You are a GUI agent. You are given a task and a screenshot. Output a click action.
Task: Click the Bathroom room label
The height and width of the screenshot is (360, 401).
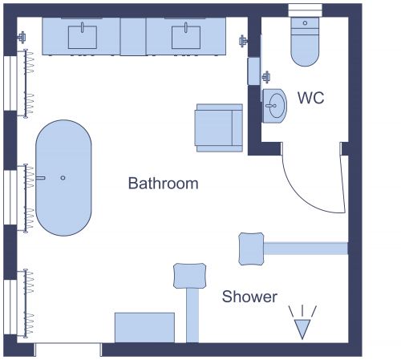click(163, 184)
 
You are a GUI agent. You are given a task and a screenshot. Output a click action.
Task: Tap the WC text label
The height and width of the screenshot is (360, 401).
click(310, 98)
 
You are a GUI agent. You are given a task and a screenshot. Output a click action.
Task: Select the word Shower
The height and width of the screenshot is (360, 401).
click(249, 297)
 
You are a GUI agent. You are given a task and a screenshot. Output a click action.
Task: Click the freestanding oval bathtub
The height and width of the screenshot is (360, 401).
click(63, 178)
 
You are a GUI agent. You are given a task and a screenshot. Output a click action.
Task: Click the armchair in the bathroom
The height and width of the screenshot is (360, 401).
click(218, 127)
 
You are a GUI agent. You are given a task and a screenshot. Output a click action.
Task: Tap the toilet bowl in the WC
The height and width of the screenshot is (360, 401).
click(305, 50)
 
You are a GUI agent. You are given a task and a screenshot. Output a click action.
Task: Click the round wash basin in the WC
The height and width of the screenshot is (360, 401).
click(275, 105)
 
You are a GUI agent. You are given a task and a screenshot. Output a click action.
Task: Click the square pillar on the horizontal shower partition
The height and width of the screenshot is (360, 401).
click(251, 248)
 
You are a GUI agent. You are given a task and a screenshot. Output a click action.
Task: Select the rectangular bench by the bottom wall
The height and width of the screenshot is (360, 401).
click(144, 327)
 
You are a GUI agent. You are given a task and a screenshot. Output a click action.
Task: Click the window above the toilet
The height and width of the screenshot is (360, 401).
click(305, 10)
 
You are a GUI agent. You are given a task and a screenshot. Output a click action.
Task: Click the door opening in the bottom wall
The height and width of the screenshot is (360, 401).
click(68, 350)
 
